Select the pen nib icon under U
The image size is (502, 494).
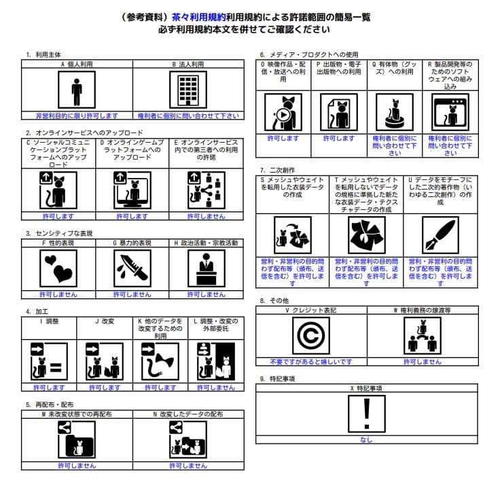tap(440, 234)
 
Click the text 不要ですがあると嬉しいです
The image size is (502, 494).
tap(310, 361)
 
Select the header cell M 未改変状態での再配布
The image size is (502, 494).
tap(77, 412)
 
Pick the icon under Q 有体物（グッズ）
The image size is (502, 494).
tap(394, 111)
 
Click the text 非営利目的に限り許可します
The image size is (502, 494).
tap(77, 116)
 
